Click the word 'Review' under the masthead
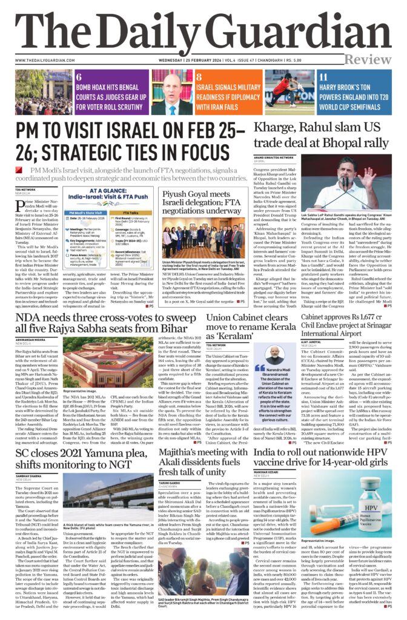point(369,59)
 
